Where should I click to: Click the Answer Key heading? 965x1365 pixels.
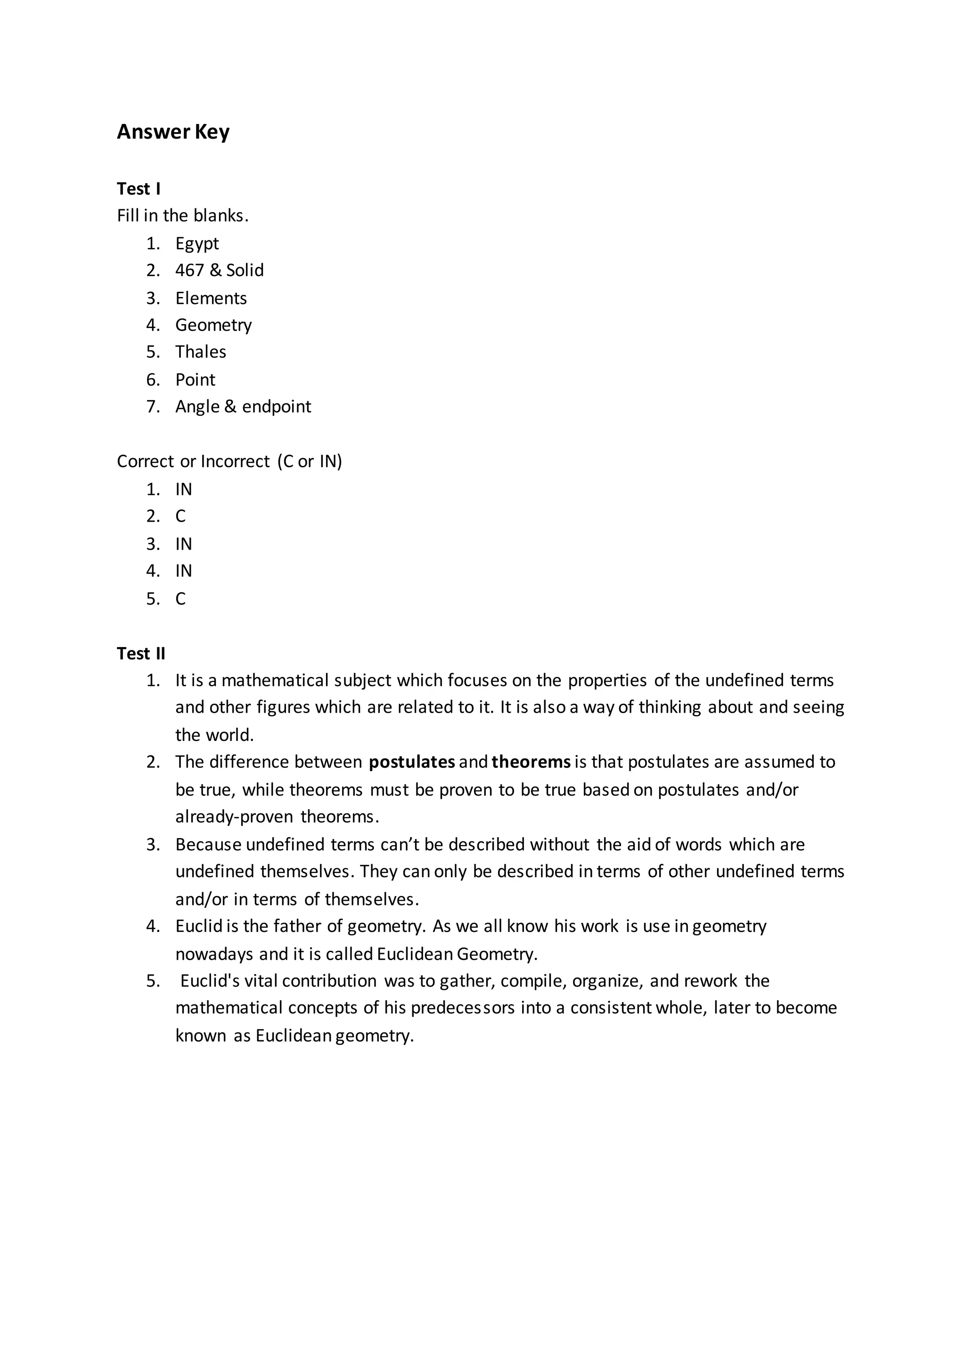[x=173, y=132]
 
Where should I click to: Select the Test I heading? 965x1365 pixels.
[x=139, y=189]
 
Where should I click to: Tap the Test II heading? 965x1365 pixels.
[x=141, y=653]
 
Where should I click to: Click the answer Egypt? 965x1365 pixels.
[x=196, y=244]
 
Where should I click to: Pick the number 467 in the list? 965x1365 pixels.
[x=189, y=271]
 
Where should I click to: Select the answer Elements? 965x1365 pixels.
[x=211, y=298]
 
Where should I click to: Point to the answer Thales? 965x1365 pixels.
[x=200, y=352]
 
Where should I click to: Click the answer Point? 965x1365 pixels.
[x=195, y=379]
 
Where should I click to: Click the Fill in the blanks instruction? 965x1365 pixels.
[x=182, y=216]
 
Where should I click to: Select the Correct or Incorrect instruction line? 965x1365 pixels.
[x=229, y=461]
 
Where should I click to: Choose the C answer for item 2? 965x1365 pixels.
[x=180, y=516]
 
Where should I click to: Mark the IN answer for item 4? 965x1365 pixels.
[x=184, y=571]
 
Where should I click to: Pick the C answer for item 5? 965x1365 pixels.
[x=180, y=599]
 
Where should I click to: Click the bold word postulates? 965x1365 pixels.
[x=412, y=762]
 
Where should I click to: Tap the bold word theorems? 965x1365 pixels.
[x=531, y=762]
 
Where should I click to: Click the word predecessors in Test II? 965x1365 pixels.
[x=462, y=1008]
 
